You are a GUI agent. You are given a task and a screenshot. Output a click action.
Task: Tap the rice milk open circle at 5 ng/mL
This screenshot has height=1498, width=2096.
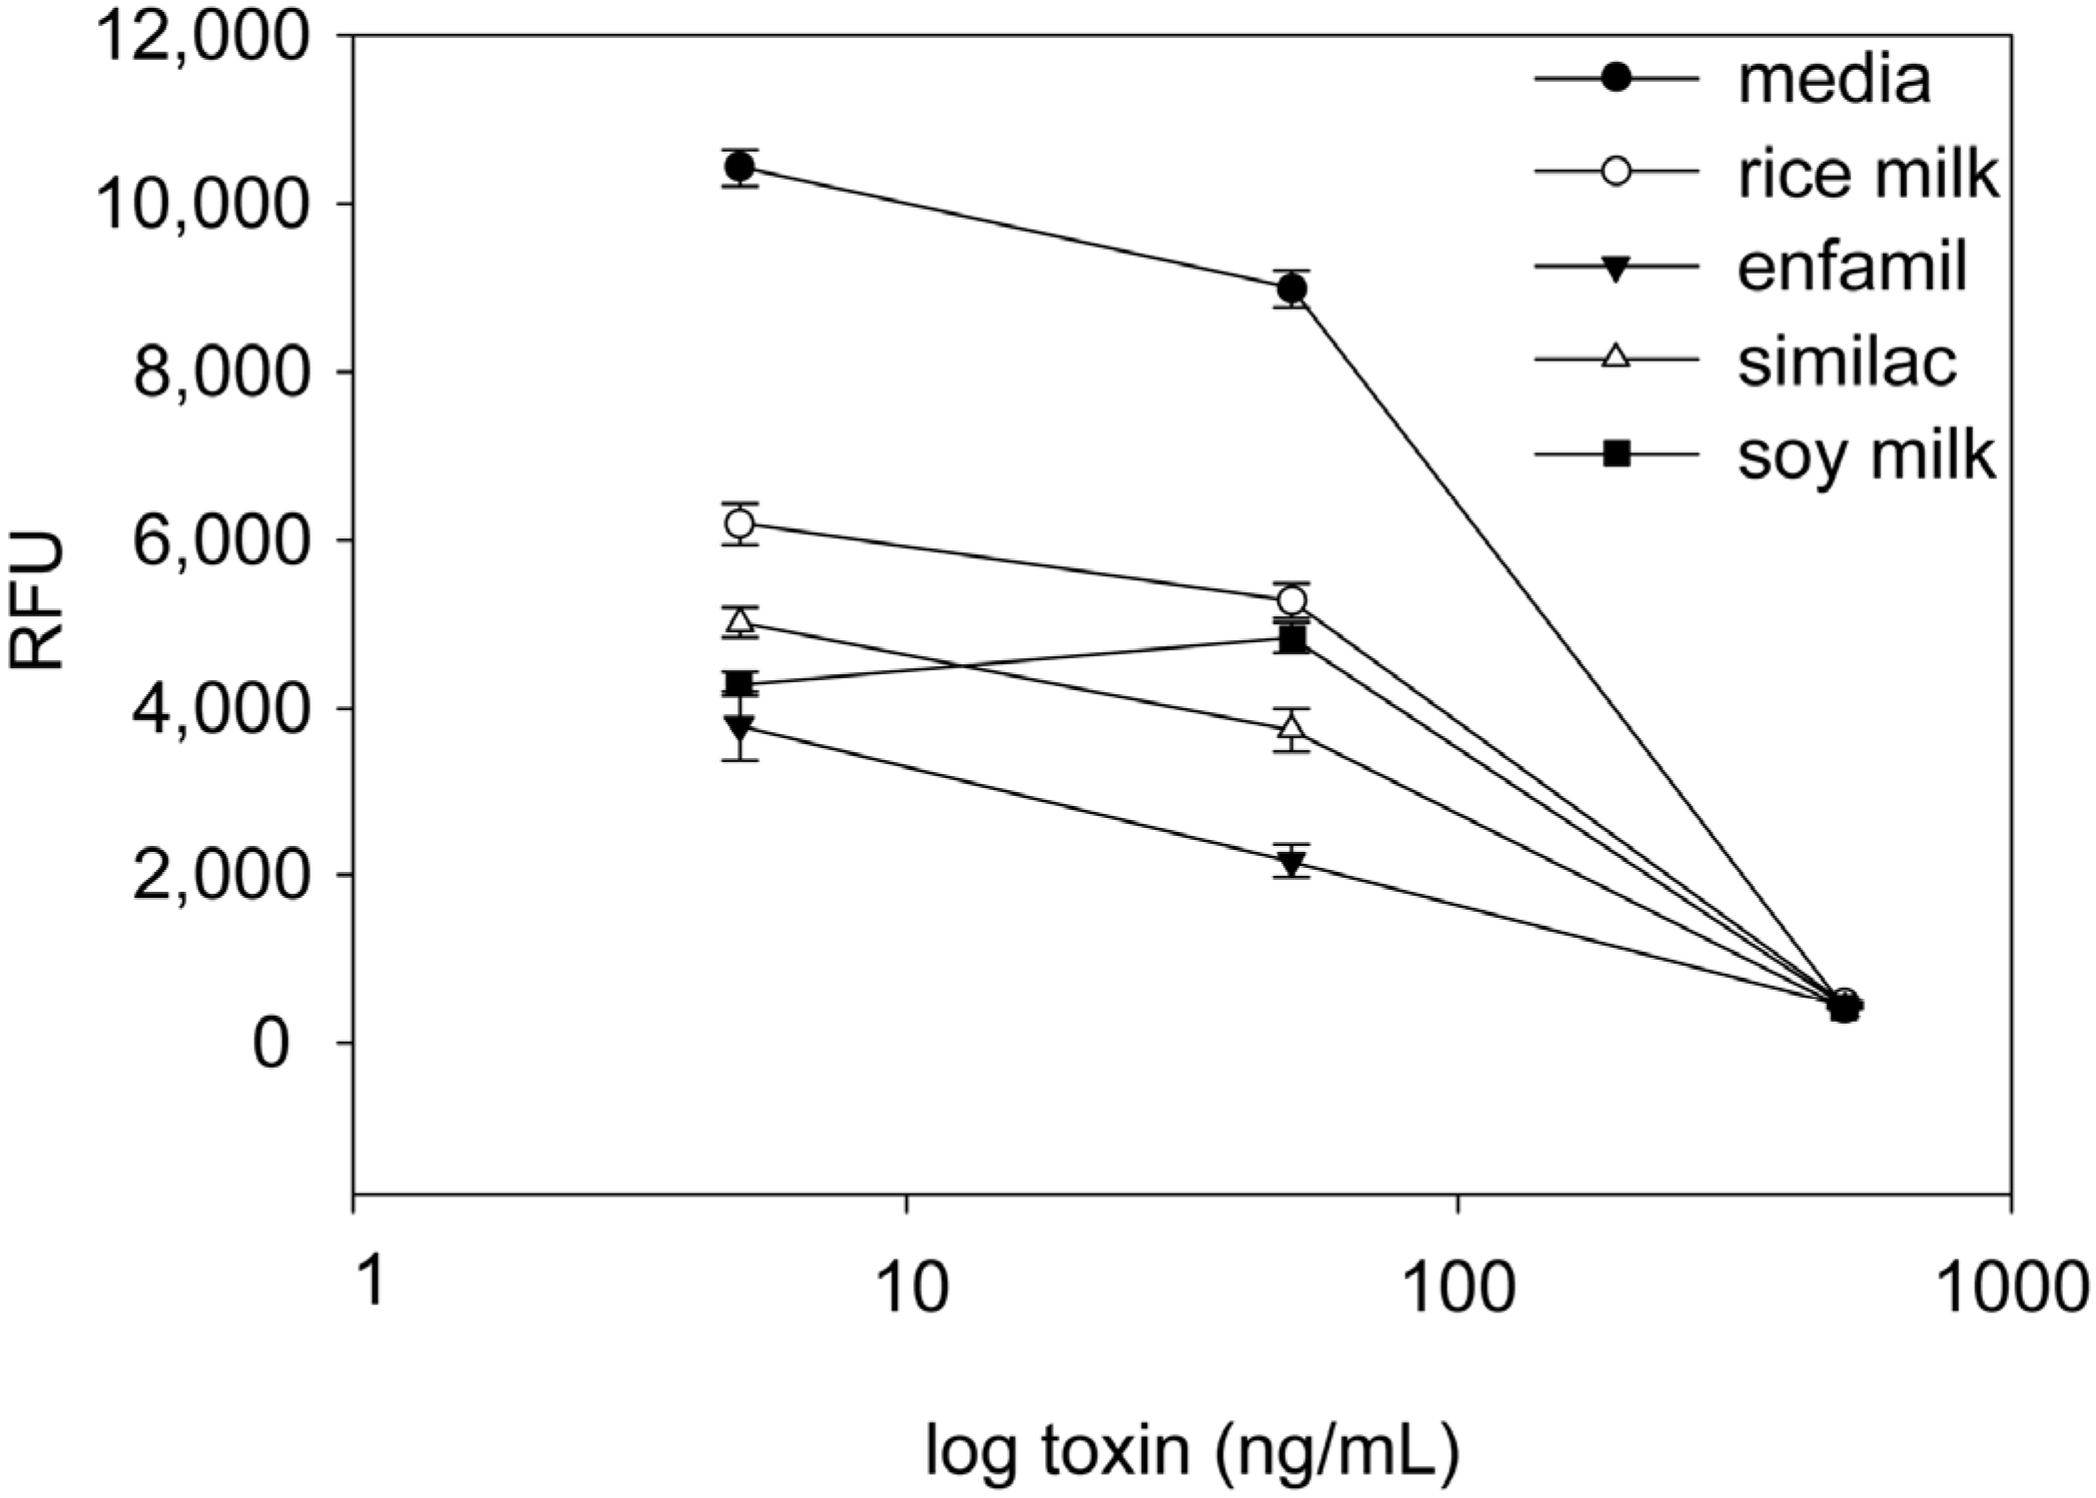(x=739, y=523)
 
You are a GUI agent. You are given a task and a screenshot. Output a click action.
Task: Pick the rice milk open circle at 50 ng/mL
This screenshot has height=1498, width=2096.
(x=1292, y=600)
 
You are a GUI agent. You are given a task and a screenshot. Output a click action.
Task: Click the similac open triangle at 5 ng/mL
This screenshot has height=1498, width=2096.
(x=739, y=621)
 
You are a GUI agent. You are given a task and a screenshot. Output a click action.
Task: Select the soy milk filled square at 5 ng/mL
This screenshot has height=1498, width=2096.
(x=739, y=684)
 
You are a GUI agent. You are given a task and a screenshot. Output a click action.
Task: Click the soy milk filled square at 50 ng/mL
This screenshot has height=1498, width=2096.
(x=1292, y=640)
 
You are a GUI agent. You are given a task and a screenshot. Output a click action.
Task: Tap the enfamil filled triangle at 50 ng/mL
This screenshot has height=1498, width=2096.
(x=1292, y=861)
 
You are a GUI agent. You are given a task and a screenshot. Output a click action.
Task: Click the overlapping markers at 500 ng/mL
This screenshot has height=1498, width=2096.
(x=1844, y=1007)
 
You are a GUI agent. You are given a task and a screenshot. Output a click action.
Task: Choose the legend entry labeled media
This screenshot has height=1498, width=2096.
(x=1833, y=80)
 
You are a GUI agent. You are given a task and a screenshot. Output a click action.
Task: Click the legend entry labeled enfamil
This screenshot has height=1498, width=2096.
(x=1851, y=267)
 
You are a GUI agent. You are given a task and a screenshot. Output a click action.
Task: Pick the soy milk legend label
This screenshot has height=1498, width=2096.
(x=1865, y=456)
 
